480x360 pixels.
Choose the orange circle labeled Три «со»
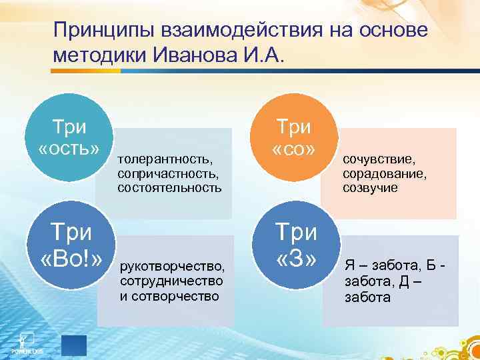click(x=294, y=138)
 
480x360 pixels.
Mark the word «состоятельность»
click(x=170, y=187)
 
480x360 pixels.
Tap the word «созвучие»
click(x=370, y=187)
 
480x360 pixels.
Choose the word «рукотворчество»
click(x=172, y=268)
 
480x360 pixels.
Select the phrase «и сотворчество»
click(x=169, y=296)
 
